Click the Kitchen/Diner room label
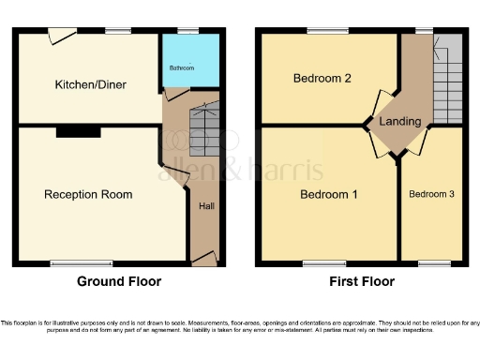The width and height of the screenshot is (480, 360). tap(90, 84)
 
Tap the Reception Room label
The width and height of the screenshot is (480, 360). tap(88, 195)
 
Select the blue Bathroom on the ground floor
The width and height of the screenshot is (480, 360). tap(191, 62)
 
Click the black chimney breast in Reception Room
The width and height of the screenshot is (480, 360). tap(78, 133)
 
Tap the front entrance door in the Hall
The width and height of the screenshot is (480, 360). tap(204, 257)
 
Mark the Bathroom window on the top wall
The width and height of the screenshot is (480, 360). tap(188, 31)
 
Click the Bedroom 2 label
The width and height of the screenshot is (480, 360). tap(321, 78)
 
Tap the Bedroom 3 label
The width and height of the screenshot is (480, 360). tap(431, 194)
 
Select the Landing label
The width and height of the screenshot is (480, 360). tap(399, 121)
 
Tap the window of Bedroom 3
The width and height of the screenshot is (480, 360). tap(431, 263)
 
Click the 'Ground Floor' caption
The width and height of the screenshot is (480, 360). tap(118, 281)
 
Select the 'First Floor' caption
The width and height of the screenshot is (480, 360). tap(362, 281)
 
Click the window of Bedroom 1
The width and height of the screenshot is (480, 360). tap(318, 263)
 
